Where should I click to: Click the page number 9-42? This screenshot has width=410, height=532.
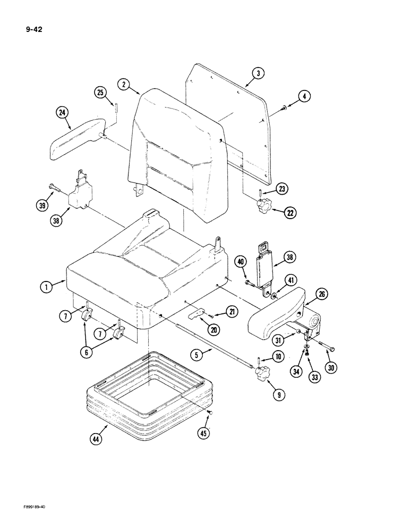(33, 30)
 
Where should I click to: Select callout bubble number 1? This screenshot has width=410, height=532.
(47, 287)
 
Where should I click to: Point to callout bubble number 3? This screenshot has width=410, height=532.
(257, 74)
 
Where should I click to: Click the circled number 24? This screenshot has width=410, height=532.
(63, 112)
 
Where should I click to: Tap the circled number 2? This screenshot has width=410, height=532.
(123, 84)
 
